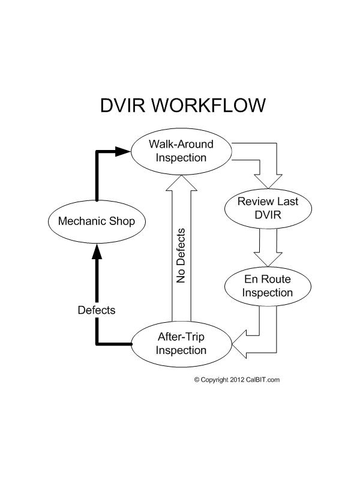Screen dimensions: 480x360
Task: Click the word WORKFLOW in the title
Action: coord(210,106)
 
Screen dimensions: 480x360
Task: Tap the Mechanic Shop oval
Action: coord(97,221)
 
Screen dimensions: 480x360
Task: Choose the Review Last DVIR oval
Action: coord(268,208)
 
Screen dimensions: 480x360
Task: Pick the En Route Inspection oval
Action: coord(268,287)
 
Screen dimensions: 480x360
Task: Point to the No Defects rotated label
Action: coord(181,255)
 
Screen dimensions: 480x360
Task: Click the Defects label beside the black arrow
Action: coord(97,310)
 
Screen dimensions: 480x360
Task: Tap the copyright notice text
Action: coord(237,379)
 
